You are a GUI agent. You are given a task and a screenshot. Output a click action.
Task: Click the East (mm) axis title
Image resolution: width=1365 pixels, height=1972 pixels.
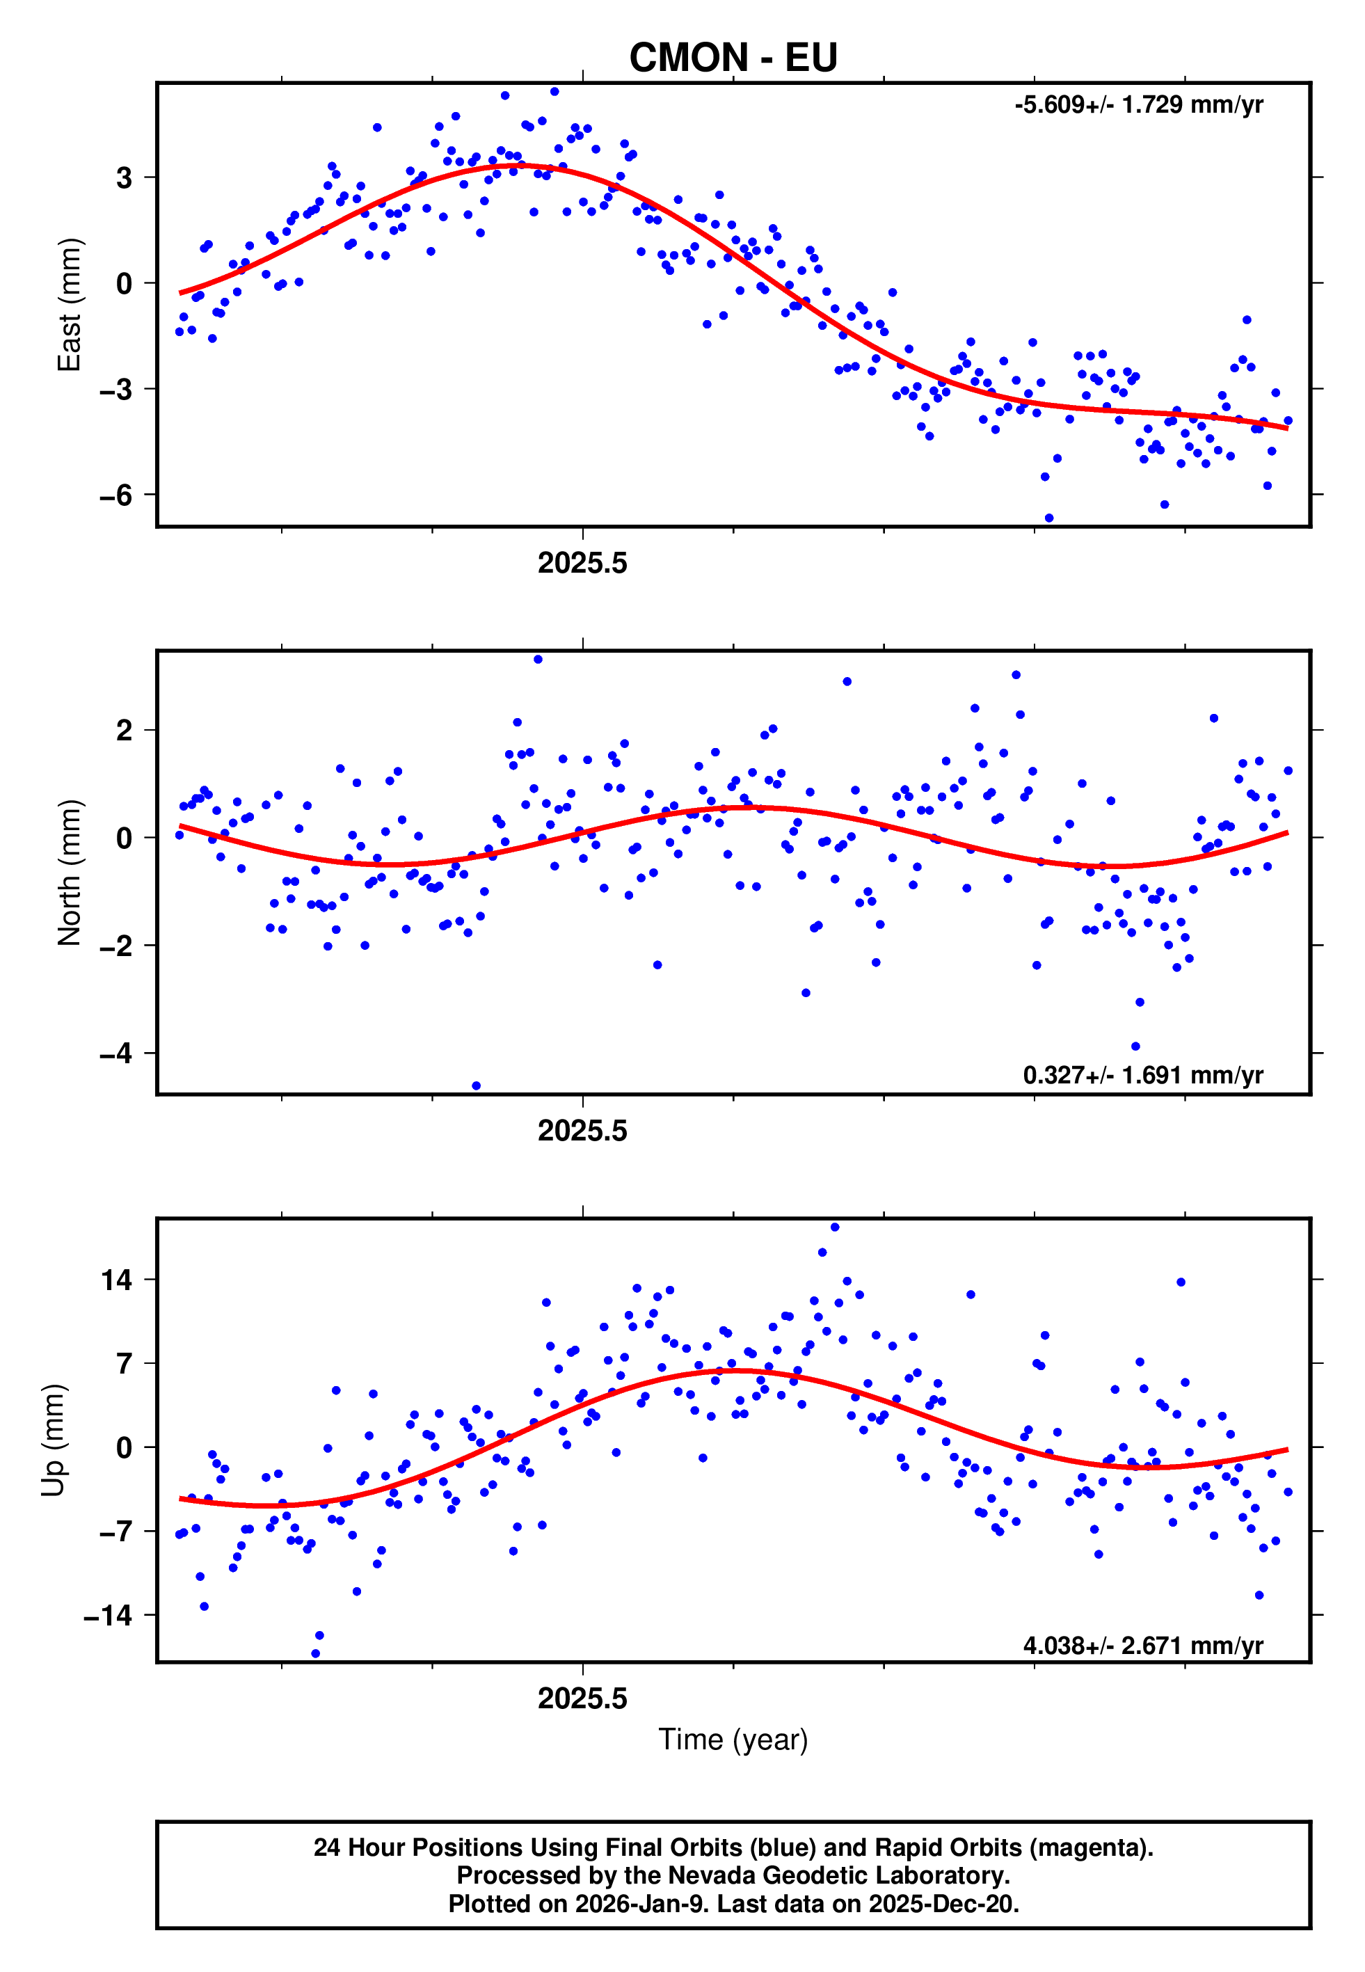[x=70, y=305]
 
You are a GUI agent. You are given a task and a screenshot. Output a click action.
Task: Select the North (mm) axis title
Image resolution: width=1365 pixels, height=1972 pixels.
[x=70, y=873]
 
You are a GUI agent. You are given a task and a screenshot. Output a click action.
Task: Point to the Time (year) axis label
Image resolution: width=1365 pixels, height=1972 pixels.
[x=733, y=1740]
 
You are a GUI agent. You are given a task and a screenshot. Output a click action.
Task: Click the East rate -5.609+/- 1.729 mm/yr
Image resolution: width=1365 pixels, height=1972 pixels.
[x=1138, y=105]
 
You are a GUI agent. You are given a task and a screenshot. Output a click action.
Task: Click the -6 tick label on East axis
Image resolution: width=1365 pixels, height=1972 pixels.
[x=115, y=495]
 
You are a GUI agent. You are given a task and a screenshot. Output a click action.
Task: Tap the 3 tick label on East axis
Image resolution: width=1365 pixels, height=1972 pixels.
[x=125, y=178]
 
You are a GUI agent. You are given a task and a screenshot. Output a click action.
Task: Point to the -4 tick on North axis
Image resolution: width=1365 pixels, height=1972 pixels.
[x=115, y=1053]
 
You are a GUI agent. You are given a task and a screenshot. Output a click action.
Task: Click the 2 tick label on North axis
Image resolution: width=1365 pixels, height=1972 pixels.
[x=125, y=731]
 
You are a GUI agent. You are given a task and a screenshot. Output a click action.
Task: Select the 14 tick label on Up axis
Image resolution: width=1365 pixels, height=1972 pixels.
[x=116, y=1280]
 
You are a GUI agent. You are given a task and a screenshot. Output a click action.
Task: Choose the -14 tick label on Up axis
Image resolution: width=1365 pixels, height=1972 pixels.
[x=107, y=1616]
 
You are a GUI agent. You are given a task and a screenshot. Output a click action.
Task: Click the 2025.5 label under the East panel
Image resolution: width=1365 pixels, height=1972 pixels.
[x=582, y=564]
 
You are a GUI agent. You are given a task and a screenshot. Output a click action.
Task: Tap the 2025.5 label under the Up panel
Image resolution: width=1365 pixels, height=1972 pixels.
[x=582, y=1699]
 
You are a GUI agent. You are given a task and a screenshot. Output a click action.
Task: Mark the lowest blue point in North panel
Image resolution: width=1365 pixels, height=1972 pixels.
[x=477, y=1086]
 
